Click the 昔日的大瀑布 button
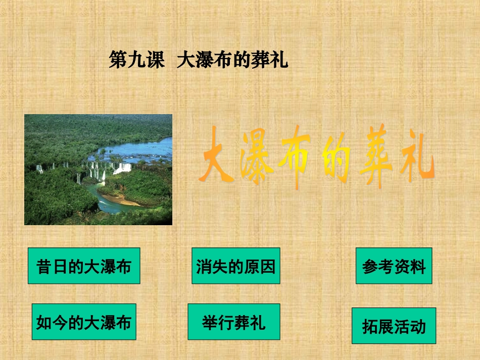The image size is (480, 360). point(84,266)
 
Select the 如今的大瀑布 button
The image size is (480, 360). point(84,322)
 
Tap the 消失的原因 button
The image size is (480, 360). point(235,266)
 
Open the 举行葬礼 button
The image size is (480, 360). point(233,322)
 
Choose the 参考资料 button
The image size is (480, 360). point(394,266)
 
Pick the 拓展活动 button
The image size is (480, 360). point(394,326)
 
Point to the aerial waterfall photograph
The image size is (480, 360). point(98,169)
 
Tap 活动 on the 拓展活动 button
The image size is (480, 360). point(409,326)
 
